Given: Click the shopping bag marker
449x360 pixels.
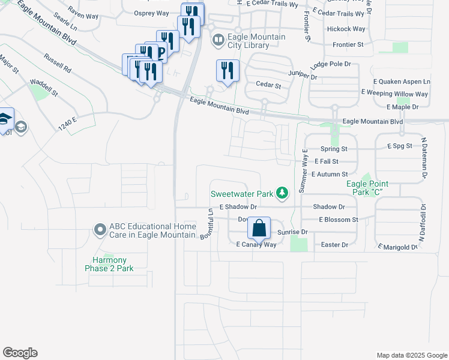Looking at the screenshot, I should tap(259, 229).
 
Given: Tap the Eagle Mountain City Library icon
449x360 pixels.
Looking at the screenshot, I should tap(217, 41).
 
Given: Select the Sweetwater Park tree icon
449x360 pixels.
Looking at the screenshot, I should tap(282, 193).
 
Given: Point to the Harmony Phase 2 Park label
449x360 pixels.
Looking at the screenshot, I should tap(109, 264).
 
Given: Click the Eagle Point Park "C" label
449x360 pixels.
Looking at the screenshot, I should tap(365, 188).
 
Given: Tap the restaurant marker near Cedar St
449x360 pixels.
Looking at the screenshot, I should tap(228, 70).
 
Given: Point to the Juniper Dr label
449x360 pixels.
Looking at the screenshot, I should tap(303, 74).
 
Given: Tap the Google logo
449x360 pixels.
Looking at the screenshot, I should tap(20, 353).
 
